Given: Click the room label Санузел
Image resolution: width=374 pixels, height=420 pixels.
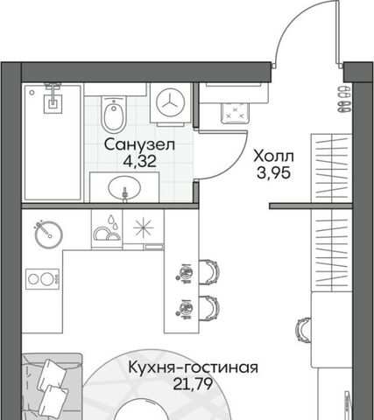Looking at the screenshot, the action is click(x=139, y=144).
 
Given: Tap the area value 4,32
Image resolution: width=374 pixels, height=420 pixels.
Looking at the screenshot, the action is click(x=139, y=161).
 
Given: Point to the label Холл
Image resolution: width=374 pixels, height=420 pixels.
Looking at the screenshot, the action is click(x=273, y=157).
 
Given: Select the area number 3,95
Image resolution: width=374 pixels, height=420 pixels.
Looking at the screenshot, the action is click(x=273, y=172).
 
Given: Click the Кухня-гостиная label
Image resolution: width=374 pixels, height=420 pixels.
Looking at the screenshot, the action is click(x=194, y=367).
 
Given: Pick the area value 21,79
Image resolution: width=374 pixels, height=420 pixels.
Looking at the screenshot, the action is click(x=193, y=384).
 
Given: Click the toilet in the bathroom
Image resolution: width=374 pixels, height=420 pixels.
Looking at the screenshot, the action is click(x=114, y=115).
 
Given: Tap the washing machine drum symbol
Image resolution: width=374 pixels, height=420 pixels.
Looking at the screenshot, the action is click(x=171, y=102).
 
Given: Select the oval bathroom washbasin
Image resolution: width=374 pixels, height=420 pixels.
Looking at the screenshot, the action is click(x=124, y=187).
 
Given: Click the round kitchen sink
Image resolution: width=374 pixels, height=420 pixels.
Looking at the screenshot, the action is click(x=49, y=234).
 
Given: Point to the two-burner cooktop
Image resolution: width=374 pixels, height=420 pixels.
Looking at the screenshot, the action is click(x=43, y=279).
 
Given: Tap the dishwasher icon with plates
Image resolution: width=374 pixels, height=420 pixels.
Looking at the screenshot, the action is click(x=107, y=229).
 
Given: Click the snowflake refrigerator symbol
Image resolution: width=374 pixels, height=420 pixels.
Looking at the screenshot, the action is click(x=144, y=227).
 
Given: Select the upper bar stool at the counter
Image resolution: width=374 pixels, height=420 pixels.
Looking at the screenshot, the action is click(x=209, y=271).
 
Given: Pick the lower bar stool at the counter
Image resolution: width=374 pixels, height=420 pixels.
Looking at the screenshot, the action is click(x=209, y=308).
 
